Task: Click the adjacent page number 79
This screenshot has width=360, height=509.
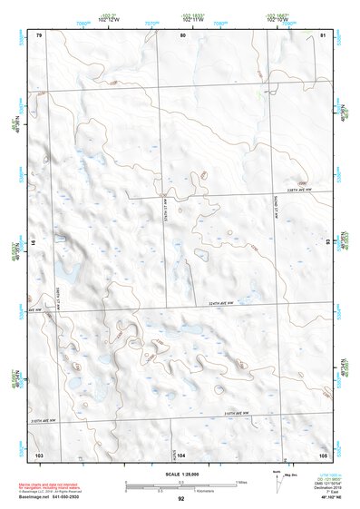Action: coord(39,34)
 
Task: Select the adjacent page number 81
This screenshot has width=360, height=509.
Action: coord(323,34)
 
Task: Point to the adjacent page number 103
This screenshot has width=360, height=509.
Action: coord(39,454)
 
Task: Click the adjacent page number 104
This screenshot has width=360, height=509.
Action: coord(182,454)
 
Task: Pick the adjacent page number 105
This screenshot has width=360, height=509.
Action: coord(322,454)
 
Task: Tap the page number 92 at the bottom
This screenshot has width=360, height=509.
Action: coord(180,499)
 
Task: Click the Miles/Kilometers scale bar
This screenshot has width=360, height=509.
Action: coord(180,484)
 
